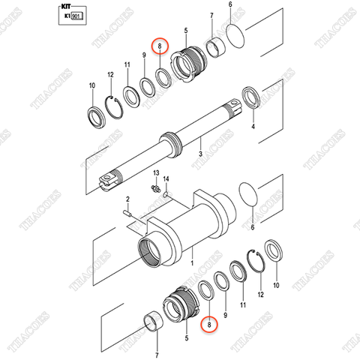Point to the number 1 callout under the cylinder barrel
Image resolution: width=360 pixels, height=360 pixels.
(192, 263)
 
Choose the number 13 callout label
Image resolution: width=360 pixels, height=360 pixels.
(155, 173)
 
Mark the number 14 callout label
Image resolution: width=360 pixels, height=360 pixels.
(167, 179)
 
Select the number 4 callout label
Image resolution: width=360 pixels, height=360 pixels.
(253, 127)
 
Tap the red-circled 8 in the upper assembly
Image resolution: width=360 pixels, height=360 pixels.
(158, 46)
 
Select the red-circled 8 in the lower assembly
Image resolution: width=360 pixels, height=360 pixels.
(210, 324)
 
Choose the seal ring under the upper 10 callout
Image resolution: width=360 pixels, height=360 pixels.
(96, 116)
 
